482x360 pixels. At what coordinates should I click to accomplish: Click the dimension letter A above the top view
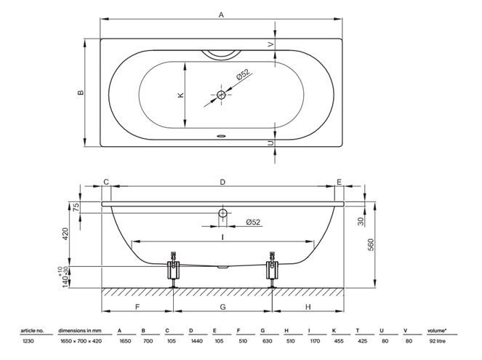click(x=221, y=15)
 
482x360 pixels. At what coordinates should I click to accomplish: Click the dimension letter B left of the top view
click(x=81, y=92)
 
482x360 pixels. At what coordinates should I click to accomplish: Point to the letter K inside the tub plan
click(x=181, y=95)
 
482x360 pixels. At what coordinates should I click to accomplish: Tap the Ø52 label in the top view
click(x=243, y=75)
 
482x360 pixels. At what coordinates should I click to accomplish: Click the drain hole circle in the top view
click(x=221, y=95)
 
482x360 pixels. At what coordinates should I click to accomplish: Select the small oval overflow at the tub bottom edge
click(x=221, y=135)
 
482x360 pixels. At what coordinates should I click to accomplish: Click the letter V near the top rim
click(x=270, y=44)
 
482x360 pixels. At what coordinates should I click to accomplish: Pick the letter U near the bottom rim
click(x=270, y=143)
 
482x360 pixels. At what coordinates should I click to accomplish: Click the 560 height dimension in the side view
click(x=371, y=244)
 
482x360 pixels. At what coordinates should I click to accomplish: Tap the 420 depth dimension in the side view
click(x=65, y=234)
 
